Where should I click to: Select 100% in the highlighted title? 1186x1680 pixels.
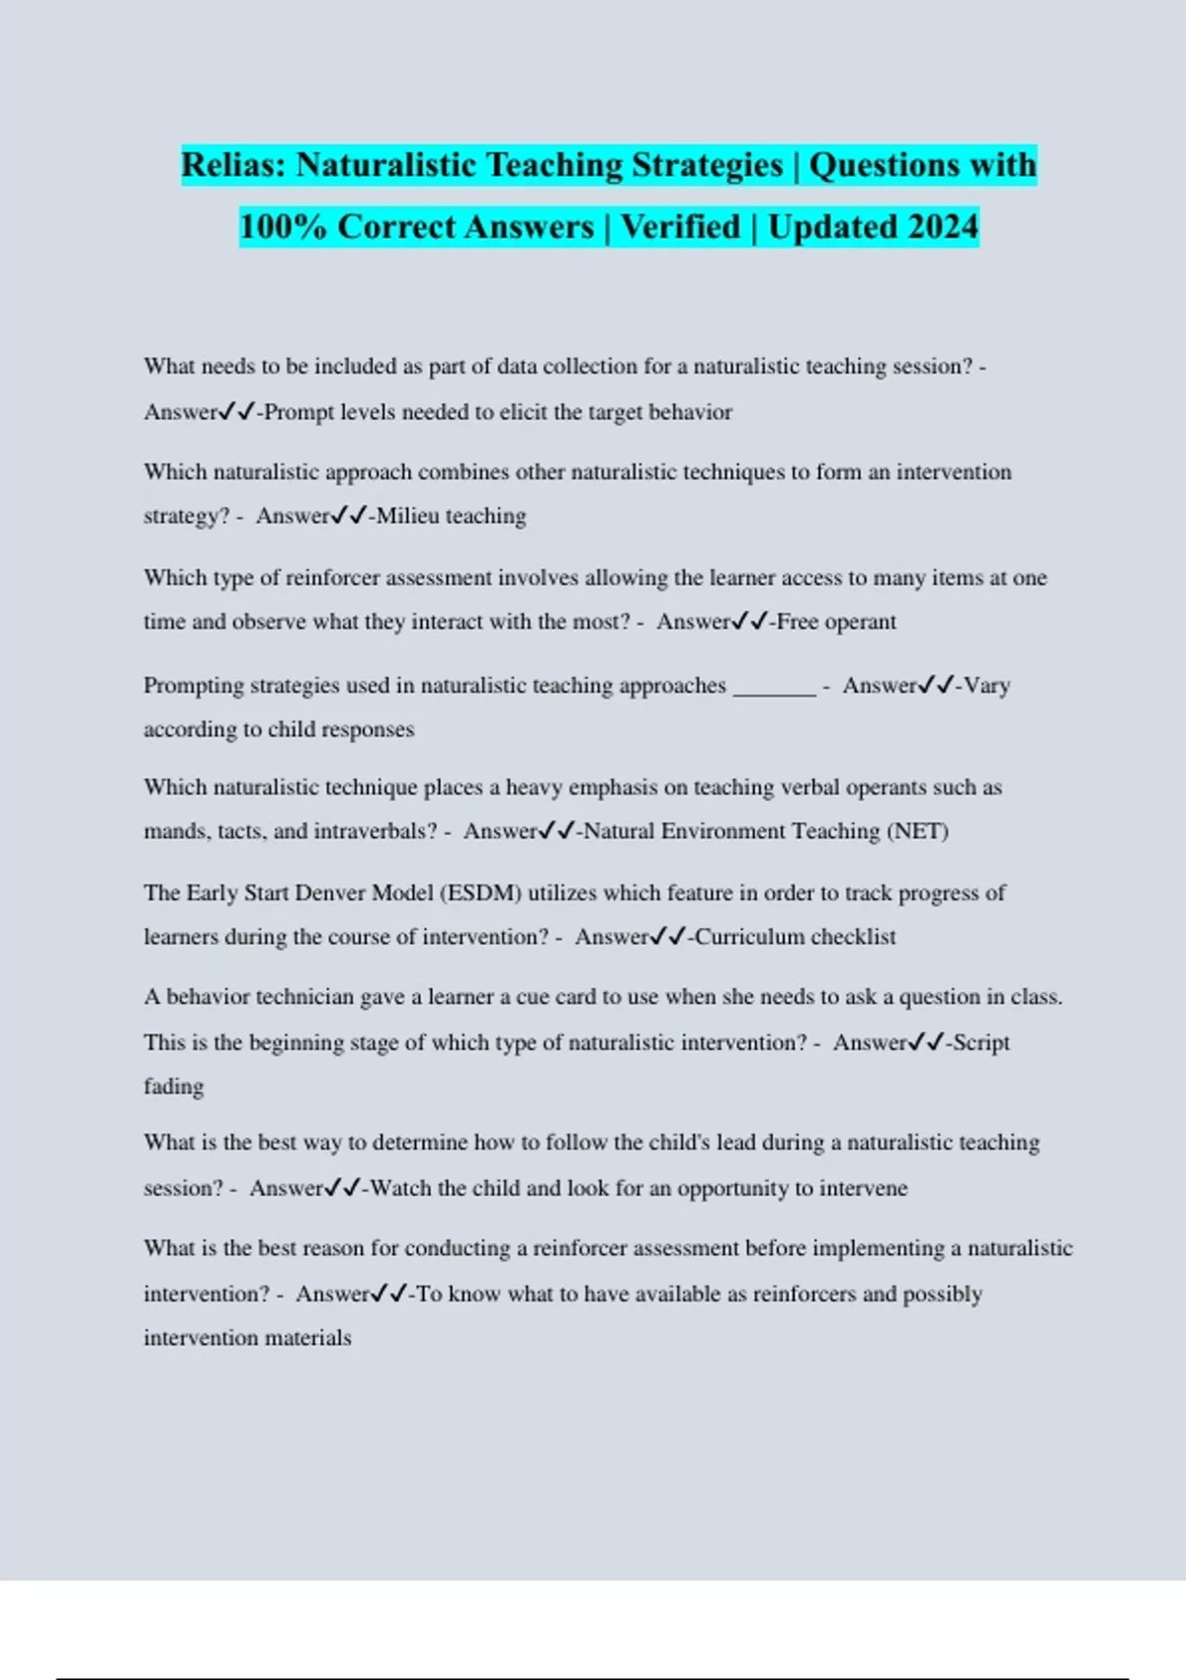(x=283, y=227)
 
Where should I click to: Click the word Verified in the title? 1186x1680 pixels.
(x=680, y=227)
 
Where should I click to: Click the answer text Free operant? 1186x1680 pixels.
(x=837, y=623)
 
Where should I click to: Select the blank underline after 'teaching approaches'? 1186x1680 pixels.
(x=774, y=686)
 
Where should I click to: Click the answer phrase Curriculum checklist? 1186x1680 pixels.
(x=796, y=937)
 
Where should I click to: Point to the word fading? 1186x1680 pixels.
(x=174, y=1086)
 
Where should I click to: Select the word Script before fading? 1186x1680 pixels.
(x=981, y=1043)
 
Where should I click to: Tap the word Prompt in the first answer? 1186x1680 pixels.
(x=298, y=412)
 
